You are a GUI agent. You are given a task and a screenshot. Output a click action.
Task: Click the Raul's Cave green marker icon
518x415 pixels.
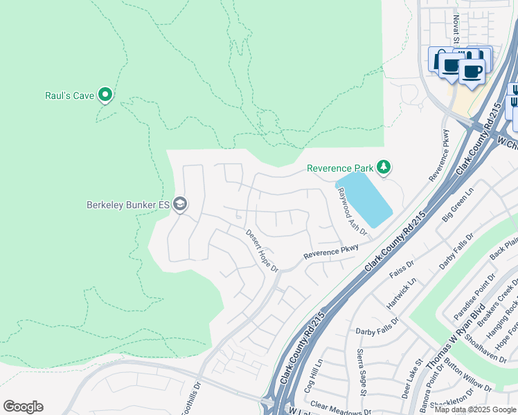tap(105, 94)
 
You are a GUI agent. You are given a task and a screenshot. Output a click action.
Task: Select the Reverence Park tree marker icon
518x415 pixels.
tap(384, 167)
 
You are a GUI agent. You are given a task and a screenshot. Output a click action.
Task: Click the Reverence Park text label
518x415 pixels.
tap(340, 168)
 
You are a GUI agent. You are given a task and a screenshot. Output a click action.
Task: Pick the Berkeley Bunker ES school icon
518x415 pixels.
tap(180, 204)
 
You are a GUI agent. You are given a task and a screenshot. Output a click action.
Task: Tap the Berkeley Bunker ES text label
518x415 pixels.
tap(128, 205)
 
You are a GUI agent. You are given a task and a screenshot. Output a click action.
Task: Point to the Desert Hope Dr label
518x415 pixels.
tap(262, 250)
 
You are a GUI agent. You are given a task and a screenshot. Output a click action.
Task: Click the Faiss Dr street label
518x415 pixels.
tap(401, 268)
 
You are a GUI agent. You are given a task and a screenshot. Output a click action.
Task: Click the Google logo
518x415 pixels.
tap(23, 407)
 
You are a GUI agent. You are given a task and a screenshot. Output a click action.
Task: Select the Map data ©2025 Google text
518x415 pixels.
tap(475, 409)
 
